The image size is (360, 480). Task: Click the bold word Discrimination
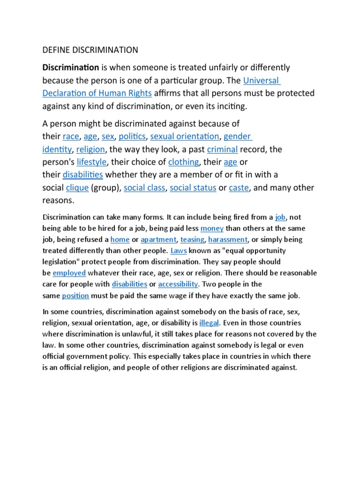(x=71, y=67)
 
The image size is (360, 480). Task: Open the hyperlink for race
(x=71, y=136)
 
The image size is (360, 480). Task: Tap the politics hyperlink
(x=133, y=136)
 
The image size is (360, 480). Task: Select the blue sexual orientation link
(x=184, y=136)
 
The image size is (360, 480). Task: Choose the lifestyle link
(x=92, y=162)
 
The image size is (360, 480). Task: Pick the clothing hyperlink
(x=183, y=162)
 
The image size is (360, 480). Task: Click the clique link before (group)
(x=77, y=187)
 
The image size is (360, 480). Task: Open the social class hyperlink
(x=144, y=187)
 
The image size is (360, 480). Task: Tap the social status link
(x=193, y=187)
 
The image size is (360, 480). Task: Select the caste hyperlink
(x=239, y=187)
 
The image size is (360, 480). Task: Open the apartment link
(x=158, y=239)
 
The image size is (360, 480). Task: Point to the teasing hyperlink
(x=192, y=239)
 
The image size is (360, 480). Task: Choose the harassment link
(x=227, y=239)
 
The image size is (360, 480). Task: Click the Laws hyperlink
(x=179, y=250)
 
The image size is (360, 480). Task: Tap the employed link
(x=69, y=273)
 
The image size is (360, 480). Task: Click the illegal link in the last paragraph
(x=209, y=323)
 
